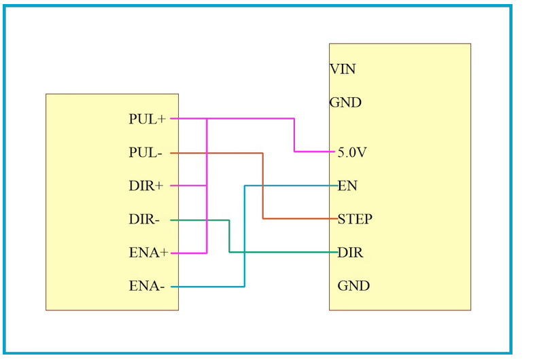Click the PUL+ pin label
[147, 119]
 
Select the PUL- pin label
[145, 153]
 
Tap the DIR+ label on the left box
[146, 186]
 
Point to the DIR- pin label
[144, 219]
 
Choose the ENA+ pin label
[148, 253]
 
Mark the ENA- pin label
[147, 287]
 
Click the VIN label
[343, 69]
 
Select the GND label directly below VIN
[345, 103]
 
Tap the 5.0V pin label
[352, 153]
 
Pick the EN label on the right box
[347, 186]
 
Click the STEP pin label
[355, 219]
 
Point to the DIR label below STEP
[350, 253]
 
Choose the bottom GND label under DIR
[353, 286]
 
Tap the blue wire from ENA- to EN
[244, 238]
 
